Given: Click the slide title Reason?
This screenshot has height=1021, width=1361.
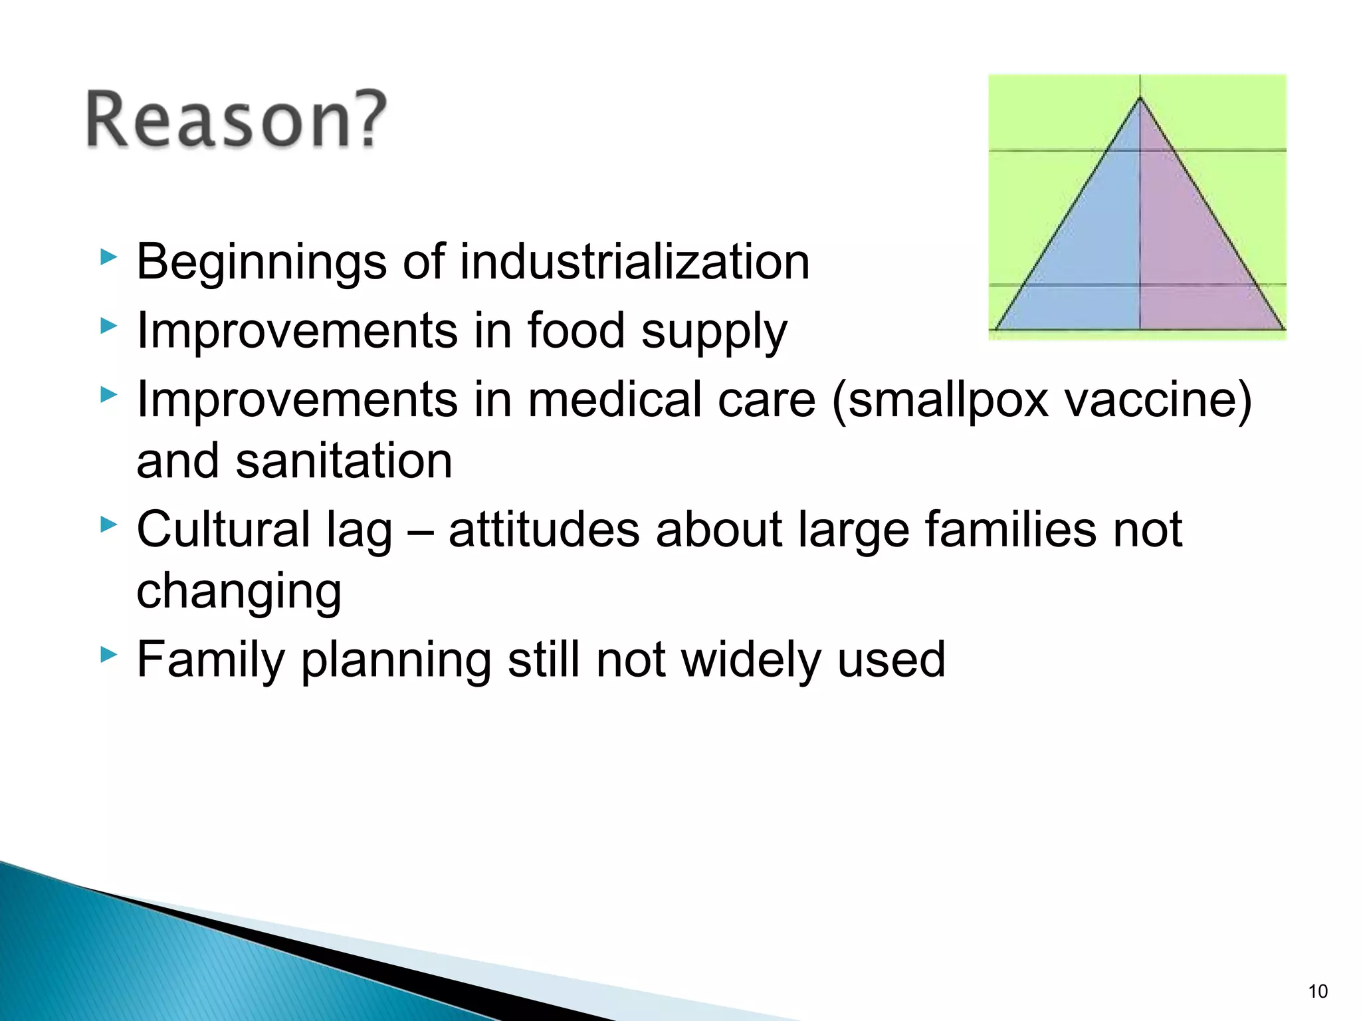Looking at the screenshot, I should (x=236, y=120).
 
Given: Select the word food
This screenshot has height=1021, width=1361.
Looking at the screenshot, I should (x=576, y=330).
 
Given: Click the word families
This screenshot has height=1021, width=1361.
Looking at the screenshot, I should (x=1010, y=530).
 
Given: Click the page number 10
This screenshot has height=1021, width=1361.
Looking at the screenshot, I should (x=1318, y=991).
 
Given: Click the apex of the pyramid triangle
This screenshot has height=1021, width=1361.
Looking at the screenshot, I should (x=1140, y=100).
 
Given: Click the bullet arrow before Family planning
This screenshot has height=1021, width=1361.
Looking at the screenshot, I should (x=108, y=655).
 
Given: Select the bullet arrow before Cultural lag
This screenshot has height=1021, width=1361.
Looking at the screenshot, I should (x=108, y=525).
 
